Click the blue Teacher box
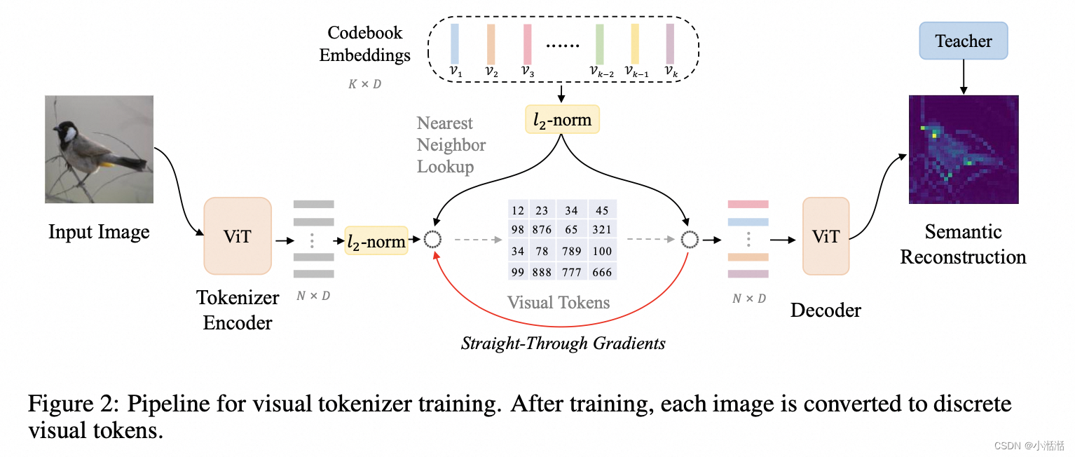[x=963, y=41]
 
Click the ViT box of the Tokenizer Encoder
[x=237, y=236]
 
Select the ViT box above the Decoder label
[x=826, y=236]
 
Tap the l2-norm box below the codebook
[x=562, y=121]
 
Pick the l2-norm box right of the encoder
[x=376, y=241]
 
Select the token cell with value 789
[x=571, y=251]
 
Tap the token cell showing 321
[x=602, y=230]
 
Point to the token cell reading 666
[x=602, y=272]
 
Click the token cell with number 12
[x=519, y=210]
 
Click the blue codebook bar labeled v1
[x=455, y=43]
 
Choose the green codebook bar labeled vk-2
[x=600, y=43]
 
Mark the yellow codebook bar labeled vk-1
[x=635, y=43]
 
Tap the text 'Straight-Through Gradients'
[x=563, y=343]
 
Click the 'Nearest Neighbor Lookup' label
[x=451, y=145]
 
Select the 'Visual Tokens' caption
[x=559, y=303]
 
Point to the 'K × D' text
[x=365, y=85]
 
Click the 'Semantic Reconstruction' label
[x=963, y=244]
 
